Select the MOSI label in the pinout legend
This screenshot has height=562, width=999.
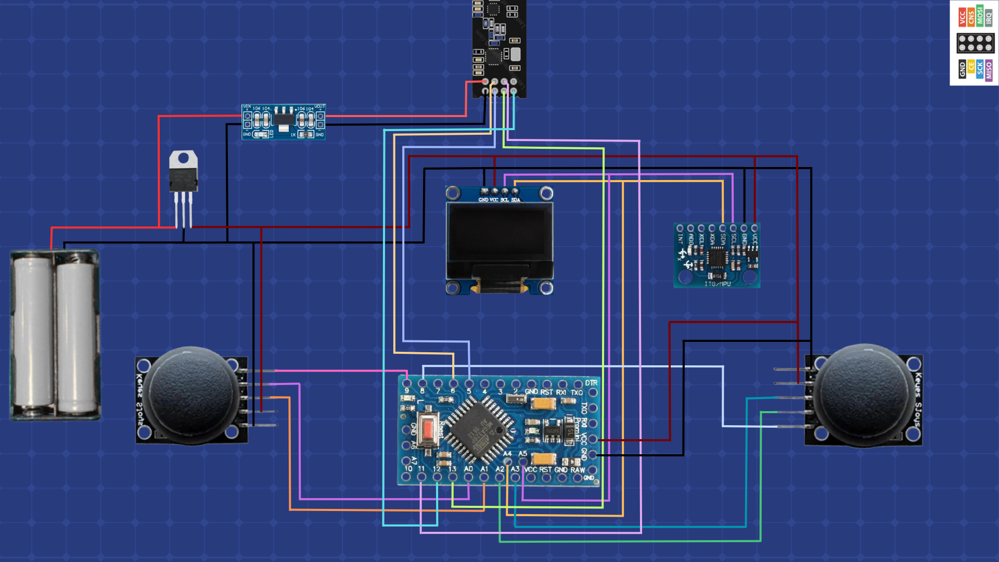tap(980, 16)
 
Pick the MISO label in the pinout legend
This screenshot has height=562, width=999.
tap(989, 70)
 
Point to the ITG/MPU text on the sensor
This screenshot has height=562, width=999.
tap(718, 284)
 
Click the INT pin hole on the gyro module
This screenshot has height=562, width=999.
tap(680, 228)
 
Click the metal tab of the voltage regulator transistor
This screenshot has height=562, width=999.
tap(184, 159)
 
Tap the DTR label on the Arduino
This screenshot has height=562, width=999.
tap(591, 383)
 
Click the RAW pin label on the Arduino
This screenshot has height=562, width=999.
tap(578, 469)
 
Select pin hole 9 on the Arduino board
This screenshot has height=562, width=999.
tap(407, 384)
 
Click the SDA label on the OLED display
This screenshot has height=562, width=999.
tap(516, 200)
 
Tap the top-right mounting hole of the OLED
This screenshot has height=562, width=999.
tap(546, 194)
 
